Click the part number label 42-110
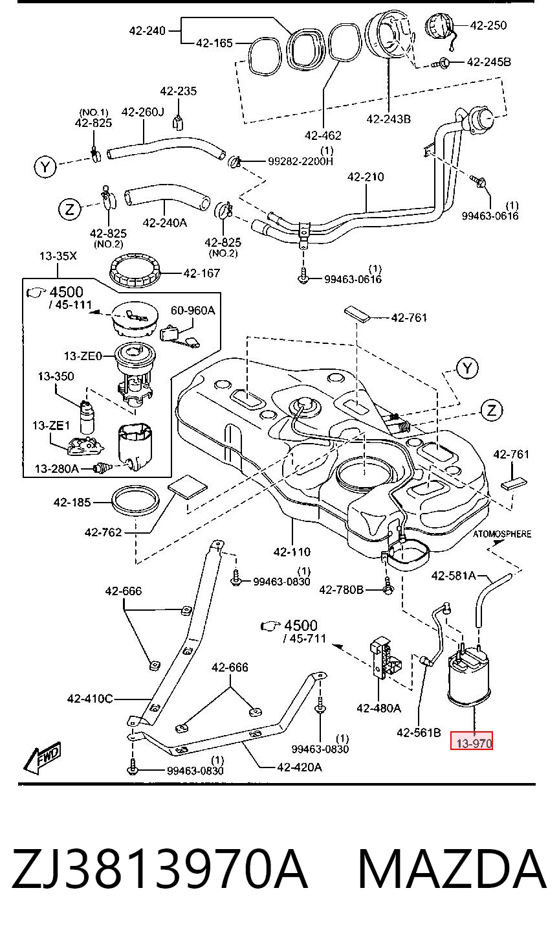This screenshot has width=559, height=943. [x=292, y=552]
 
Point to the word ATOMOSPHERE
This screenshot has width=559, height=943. [x=502, y=534]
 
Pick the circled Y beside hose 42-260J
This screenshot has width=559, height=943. [x=45, y=167]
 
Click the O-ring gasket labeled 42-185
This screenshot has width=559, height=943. [x=135, y=502]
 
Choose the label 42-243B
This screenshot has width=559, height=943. [x=388, y=119]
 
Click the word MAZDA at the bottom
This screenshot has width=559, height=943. [x=452, y=868]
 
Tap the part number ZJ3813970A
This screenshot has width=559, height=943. [x=159, y=868]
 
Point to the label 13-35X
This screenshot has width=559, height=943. [x=58, y=256]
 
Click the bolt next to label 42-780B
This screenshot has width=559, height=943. [x=388, y=587]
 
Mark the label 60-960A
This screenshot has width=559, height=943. [x=193, y=310]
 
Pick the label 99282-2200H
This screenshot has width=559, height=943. [x=300, y=161]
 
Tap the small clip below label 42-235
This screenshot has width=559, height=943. [x=179, y=123]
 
